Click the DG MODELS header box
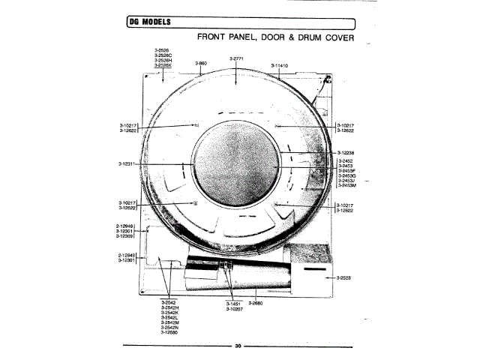coord(148,21)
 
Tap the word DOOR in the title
coord(256,36)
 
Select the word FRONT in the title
coord(213,36)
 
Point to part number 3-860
coord(201,64)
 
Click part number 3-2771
coord(235,58)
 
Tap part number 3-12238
coord(346,153)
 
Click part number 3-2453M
coord(348,185)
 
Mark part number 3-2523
coord(344,278)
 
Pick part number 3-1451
coord(233,303)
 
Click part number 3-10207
coord(235,308)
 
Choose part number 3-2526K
coord(163,66)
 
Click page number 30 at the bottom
coord(238,346)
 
